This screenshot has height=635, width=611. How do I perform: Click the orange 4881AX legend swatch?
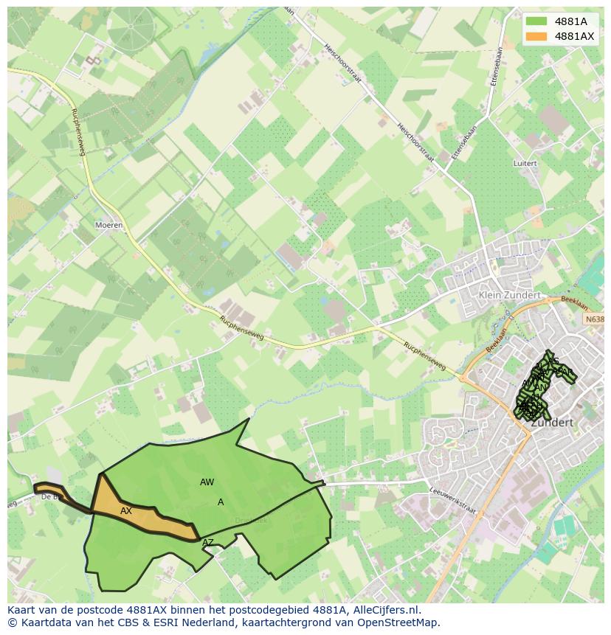click(x=536, y=36)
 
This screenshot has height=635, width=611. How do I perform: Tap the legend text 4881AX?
click(x=574, y=36)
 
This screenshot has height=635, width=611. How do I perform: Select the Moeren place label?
click(x=108, y=225)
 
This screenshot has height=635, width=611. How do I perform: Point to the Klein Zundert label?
click(x=510, y=295)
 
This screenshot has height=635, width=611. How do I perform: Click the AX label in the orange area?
click(x=126, y=510)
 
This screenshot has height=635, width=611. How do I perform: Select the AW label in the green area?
click(x=207, y=482)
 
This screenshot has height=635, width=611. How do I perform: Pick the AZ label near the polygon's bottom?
click(x=208, y=543)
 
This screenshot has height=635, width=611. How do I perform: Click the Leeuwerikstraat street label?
click(x=453, y=501)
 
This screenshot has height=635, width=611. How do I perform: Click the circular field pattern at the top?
click(x=131, y=27)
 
